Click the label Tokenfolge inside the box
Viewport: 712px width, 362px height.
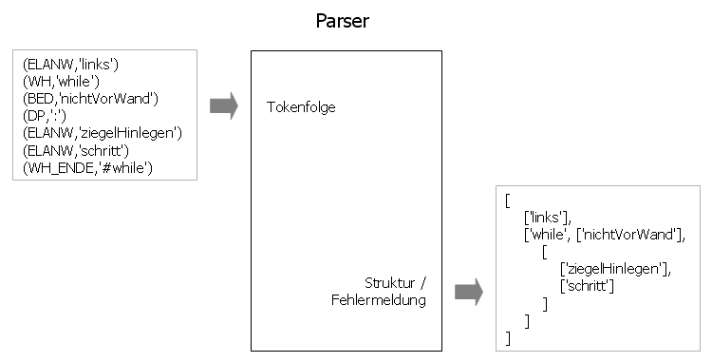point(301,107)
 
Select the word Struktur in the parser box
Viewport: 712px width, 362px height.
point(390,283)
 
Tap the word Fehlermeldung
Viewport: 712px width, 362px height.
point(378,300)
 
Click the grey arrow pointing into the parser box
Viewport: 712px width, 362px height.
point(223,106)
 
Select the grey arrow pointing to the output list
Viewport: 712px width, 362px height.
point(469,292)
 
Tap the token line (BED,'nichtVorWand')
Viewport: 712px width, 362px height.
point(89,98)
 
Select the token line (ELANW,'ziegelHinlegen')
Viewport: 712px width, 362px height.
point(102,132)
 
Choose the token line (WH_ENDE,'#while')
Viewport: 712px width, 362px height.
point(86,167)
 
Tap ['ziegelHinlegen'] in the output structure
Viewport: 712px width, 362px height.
point(615,269)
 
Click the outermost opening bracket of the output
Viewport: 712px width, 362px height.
point(508,200)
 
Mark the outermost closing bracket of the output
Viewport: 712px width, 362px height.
point(509,337)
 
